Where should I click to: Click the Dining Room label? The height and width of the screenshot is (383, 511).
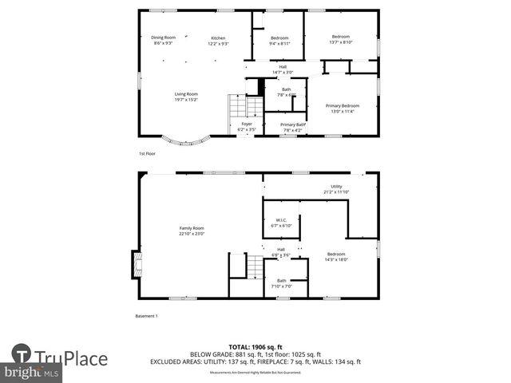pyautogui.click(x=164, y=39)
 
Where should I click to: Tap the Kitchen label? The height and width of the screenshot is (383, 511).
pyautogui.click(x=218, y=41)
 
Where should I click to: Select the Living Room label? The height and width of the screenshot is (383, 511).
pyautogui.click(x=186, y=97)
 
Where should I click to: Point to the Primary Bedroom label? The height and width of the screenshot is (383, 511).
pyautogui.click(x=343, y=109)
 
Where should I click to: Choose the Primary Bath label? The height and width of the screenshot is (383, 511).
pyautogui.click(x=292, y=126)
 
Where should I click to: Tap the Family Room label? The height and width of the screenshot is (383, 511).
pyautogui.click(x=192, y=231)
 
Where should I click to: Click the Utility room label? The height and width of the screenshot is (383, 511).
pyautogui.click(x=336, y=189)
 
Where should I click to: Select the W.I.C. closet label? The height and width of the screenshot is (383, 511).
pyautogui.click(x=281, y=223)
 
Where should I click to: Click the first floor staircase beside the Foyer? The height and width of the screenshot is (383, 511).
pyautogui.click(x=246, y=105)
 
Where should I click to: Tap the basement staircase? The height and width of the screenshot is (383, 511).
pyautogui.click(x=254, y=267)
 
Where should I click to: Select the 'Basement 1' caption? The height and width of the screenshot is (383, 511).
pyautogui.click(x=147, y=316)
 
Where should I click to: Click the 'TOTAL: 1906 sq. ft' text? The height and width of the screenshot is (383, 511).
pyautogui.click(x=255, y=347)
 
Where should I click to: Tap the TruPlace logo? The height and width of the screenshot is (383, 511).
pyautogui.click(x=60, y=357)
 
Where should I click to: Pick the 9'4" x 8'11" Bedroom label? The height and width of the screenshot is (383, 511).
pyautogui.click(x=279, y=41)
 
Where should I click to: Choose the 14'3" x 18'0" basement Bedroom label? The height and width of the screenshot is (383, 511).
pyautogui.click(x=335, y=256)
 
